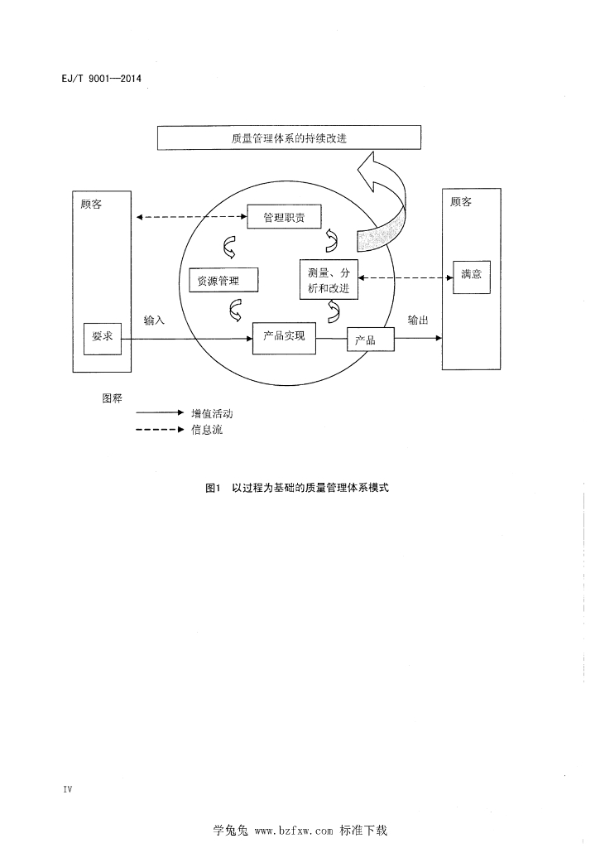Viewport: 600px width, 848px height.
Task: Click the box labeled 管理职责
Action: [284, 218]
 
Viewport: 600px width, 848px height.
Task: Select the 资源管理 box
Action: [223, 280]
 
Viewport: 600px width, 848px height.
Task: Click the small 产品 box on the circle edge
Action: [370, 340]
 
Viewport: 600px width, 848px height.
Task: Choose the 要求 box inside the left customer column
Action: [103, 337]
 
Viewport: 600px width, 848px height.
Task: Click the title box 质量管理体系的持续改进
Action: [290, 138]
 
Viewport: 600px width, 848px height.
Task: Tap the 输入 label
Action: [154, 320]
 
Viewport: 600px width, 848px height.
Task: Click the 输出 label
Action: [418, 320]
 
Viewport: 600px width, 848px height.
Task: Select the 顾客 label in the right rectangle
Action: [461, 202]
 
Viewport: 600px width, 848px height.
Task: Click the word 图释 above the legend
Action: [112, 397]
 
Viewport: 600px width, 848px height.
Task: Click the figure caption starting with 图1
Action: [296, 488]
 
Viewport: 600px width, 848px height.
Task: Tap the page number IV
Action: [68, 789]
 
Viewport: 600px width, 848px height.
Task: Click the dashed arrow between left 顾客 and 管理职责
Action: [191, 218]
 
